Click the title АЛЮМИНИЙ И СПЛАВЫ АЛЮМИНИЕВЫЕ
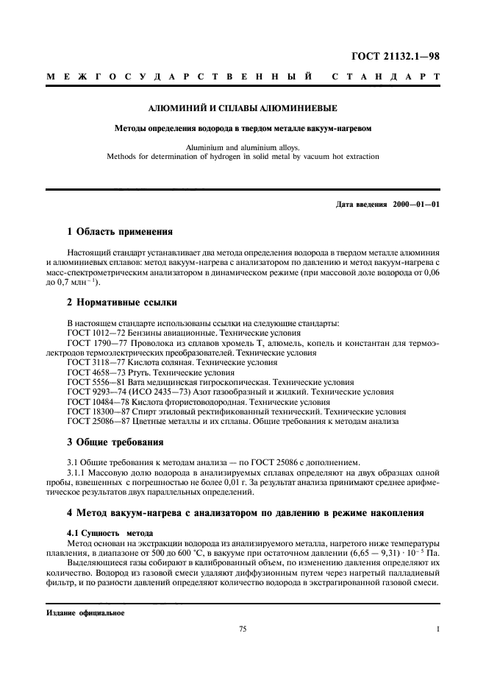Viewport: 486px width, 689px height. (243, 108)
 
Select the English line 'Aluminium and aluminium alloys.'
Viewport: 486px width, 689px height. (243, 146)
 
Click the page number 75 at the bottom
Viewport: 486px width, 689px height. (243, 629)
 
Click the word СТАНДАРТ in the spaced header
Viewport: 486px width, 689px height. (386, 77)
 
